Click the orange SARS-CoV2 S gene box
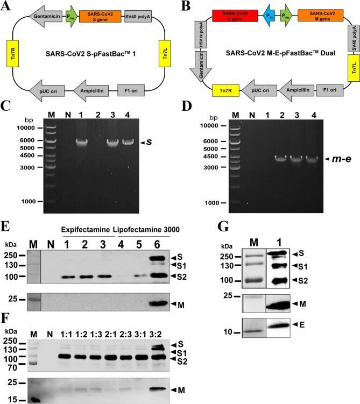[x=100, y=16]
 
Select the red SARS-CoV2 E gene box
[x=235, y=16]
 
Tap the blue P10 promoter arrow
[x=269, y=16]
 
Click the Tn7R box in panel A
[x=12, y=53]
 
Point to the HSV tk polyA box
[x=201, y=34]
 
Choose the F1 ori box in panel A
[x=131, y=90]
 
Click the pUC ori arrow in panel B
[x=258, y=90]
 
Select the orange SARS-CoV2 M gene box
[x=320, y=16]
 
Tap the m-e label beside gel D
[x=341, y=159]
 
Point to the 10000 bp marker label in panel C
[x=26, y=128]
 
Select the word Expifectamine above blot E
[x=86, y=229]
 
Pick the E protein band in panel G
[x=278, y=325]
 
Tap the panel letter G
[x=223, y=226]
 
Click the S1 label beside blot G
[x=303, y=267]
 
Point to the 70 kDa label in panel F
[x=12, y=367]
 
